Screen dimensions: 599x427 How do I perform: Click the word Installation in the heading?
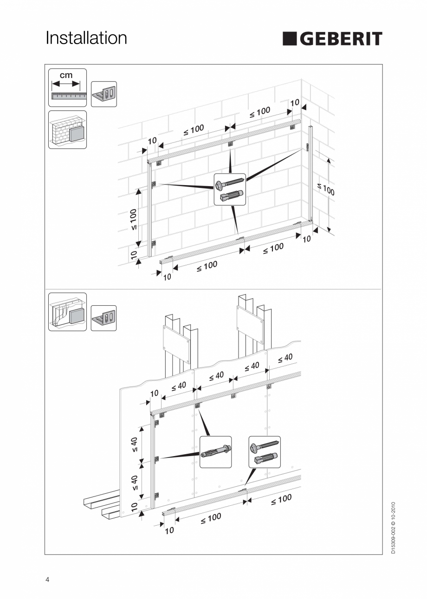tap(86, 38)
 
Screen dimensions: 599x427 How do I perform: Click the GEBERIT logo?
tap(332, 39)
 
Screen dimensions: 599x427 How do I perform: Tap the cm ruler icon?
tap(67, 87)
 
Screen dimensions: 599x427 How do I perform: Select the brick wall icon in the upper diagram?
tap(67, 129)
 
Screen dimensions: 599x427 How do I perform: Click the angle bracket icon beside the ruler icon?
tap(104, 94)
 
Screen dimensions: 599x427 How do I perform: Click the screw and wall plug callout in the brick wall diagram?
tap(230, 189)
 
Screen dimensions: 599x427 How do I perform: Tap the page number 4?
tap(47, 580)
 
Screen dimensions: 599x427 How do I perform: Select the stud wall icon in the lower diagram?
tap(67, 311)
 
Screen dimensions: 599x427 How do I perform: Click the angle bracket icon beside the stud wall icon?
tap(104, 318)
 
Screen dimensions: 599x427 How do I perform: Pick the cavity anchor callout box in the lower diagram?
tap(215, 452)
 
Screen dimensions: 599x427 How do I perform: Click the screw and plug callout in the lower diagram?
tap(265, 452)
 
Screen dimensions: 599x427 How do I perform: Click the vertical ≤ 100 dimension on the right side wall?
tap(326, 189)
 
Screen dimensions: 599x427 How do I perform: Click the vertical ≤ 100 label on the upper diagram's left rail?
tap(133, 220)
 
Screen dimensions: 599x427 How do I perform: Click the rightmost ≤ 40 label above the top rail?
tap(285, 358)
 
